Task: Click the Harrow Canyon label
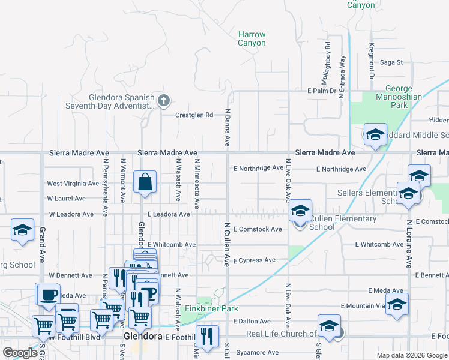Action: point(252,39)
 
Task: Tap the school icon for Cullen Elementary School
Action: point(300,211)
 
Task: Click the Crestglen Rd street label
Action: point(194,115)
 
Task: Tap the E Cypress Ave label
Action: point(254,260)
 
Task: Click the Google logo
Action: point(20,353)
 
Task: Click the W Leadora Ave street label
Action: point(71,214)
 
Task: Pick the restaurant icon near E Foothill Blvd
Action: point(207,337)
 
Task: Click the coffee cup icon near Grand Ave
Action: point(49,294)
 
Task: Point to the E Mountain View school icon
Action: point(397,304)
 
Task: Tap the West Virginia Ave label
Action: point(73,184)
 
